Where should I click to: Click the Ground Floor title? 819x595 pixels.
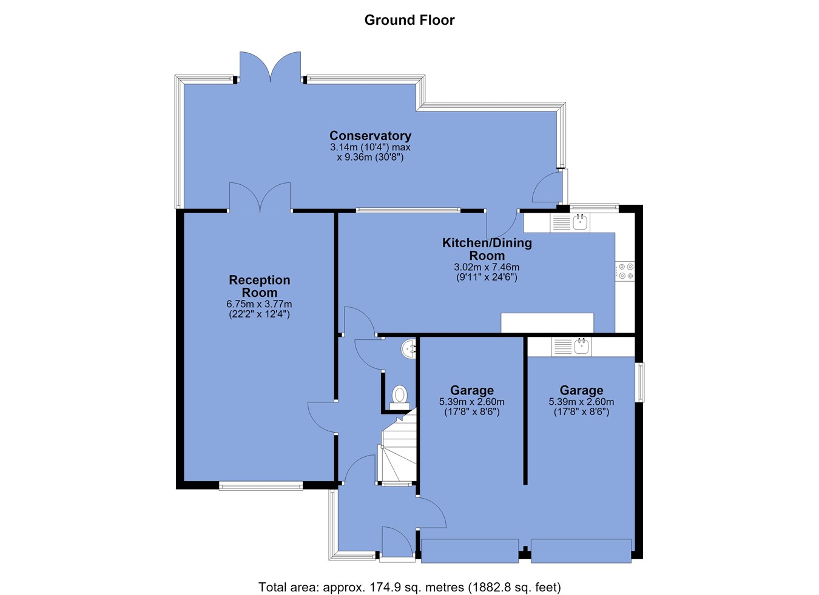[x=409, y=20]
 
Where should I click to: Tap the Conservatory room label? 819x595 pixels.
[x=370, y=136]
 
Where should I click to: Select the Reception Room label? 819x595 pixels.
[x=260, y=286]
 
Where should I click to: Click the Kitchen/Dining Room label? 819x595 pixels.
[x=487, y=249]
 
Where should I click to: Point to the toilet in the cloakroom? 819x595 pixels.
[x=400, y=397]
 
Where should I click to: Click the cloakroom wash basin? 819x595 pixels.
[x=408, y=349]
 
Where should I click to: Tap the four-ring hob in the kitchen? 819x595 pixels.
[x=625, y=271]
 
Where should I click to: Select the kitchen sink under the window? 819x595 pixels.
[x=570, y=222]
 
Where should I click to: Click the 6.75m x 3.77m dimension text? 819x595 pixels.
[x=259, y=304]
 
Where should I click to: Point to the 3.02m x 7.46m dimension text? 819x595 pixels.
[x=487, y=267]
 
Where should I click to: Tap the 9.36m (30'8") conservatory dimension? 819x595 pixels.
[x=370, y=158]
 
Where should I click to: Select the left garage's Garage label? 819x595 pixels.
[x=471, y=390]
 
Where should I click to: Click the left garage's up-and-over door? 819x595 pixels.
[x=470, y=551]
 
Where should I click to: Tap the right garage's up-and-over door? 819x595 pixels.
[x=581, y=551]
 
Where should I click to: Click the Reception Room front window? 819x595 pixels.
[x=261, y=485]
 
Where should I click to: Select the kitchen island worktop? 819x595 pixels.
[x=547, y=322]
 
